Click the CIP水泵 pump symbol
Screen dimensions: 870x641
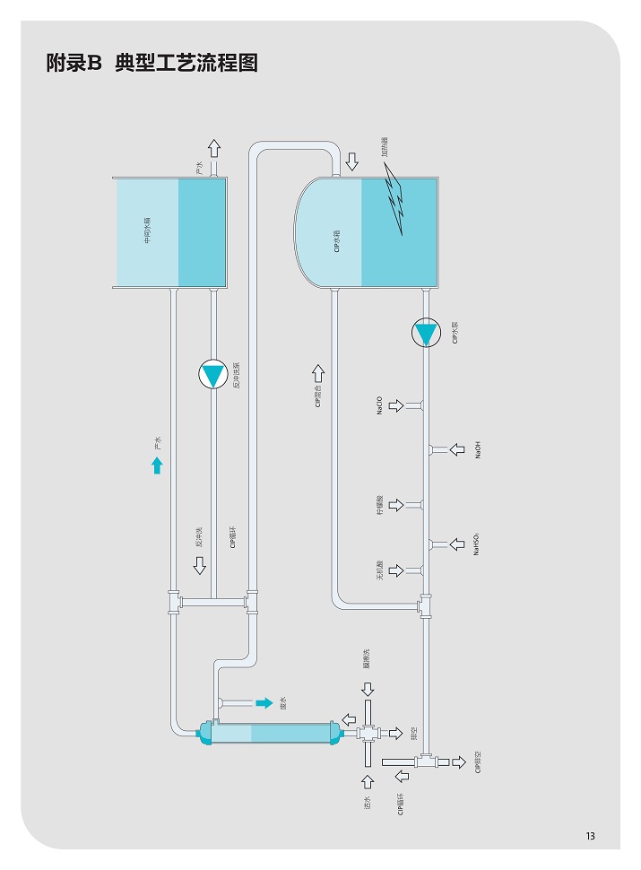pyautogui.click(x=426, y=334)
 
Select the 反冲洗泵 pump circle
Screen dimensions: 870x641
pyautogui.click(x=213, y=374)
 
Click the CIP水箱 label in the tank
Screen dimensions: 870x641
pyautogui.click(x=336, y=240)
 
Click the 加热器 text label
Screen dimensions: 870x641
pyautogui.click(x=384, y=147)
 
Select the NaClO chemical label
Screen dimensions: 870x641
pyautogui.click(x=379, y=405)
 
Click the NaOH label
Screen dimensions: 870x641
pyautogui.click(x=478, y=449)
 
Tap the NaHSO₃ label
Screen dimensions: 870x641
pyautogui.click(x=477, y=544)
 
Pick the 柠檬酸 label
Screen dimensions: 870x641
pyautogui.click(x=379, y=504)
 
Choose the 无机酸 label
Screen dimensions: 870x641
pyautogui.click(x=379, y=570)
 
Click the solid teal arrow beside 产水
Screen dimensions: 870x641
pyautogui.click(x=157, y=465)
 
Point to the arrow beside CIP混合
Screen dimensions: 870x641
pyautogui.click(x=318, y=372)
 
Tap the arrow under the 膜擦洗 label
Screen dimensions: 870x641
pyautogui.click(x=368, y=688)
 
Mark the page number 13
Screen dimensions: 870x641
pyautogui.click(x=591, y=836)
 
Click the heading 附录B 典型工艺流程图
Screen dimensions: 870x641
pyautogui.click(x=152, y=65)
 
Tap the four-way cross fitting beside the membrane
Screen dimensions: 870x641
pyautogui.click(x=368, y=733)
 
